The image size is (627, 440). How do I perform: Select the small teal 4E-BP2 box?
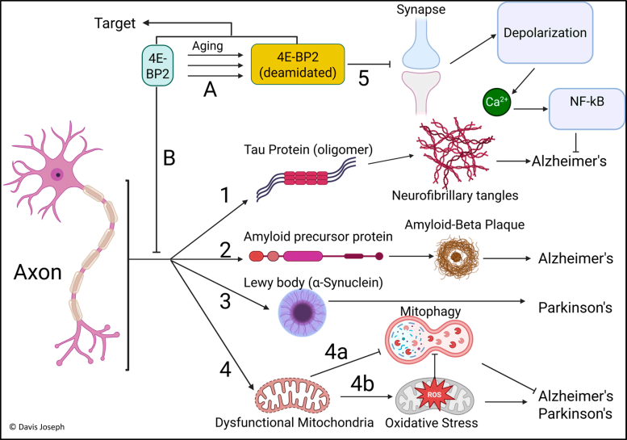click(x=156, y=63)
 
